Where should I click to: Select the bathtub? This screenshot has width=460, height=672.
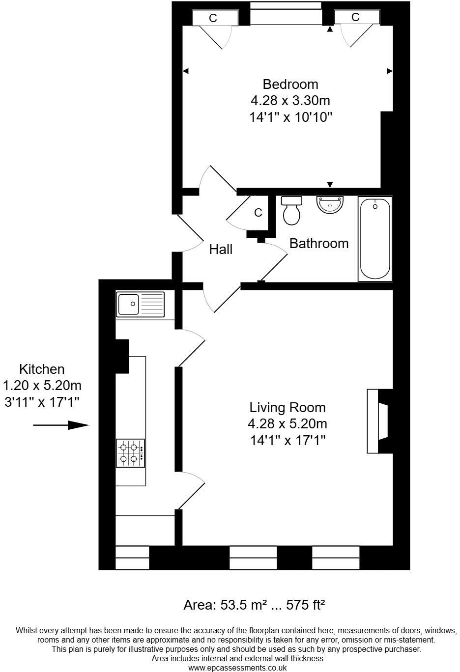(x=375, y=239)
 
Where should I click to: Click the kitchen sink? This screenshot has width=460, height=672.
(x=140, y=304)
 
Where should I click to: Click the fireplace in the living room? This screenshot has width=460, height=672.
(x=378, y=421)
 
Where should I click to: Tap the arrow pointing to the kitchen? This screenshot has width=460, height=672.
(x=62, y=425)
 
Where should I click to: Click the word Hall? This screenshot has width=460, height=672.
(x=221, y=250)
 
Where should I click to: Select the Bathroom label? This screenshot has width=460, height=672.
(x=318, y=243)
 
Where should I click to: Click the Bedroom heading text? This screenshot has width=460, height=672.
(x=290, y=84)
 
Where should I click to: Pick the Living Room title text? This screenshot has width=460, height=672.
(x=287, y=407)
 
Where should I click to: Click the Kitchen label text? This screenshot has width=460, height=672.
(x=42, y=369)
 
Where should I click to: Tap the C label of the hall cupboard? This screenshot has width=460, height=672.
(x=258, y=213)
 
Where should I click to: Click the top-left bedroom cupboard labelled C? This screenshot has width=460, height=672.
(x=213, y=18)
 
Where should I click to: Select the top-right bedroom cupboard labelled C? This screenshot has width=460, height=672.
(x=356, y=17)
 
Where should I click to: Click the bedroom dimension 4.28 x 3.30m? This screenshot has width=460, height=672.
(x=290, y=101)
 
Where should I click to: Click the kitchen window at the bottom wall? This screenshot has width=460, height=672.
(x=132, y=558)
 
